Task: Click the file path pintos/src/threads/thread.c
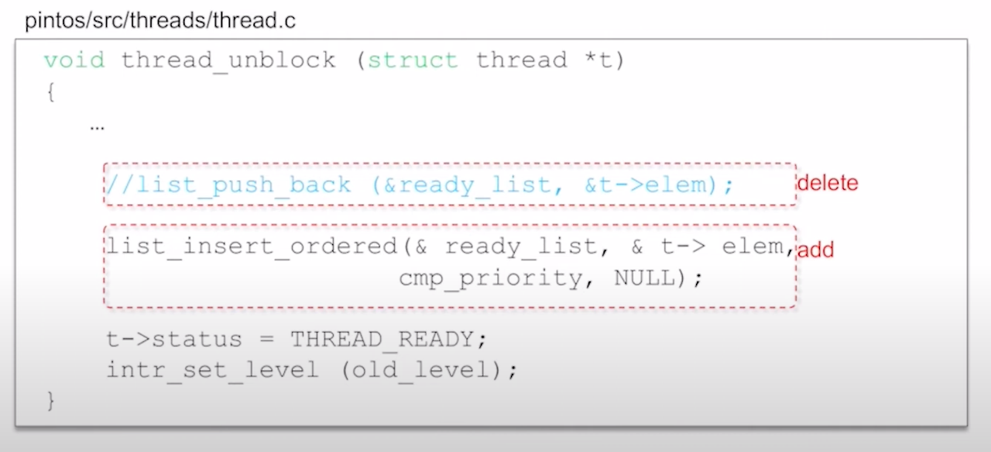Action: (160, 21)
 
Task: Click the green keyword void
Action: (74, 60)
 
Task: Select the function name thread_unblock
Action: (228, 60)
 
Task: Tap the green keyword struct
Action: (412, 60)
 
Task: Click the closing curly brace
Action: (51, 401)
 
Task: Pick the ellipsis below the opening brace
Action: (97, 126)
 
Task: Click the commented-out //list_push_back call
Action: (228, 185)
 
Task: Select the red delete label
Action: (828, 184)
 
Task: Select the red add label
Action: (815, 250)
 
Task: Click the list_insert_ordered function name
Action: (252, 247)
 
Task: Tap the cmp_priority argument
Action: (491, 278)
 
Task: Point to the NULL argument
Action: (645, 278)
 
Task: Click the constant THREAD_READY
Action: (382, 340)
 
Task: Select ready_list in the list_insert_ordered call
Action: (520, 247)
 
